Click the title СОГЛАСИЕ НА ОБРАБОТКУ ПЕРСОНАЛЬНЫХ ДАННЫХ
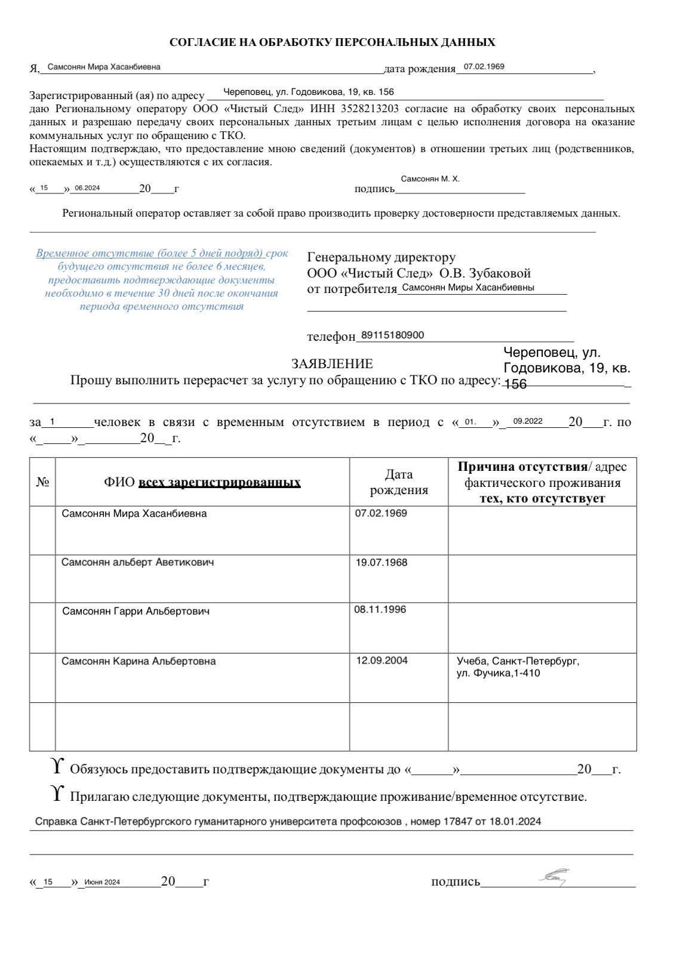[x=332, y=42]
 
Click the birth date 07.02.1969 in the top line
[x=484, y=67]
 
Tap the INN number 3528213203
[x=370, y=109]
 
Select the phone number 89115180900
[x=392, y=335]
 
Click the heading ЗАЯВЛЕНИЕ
[x=332, y=363]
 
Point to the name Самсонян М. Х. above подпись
[x=430, y=179]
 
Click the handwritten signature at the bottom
[x=554, y=877]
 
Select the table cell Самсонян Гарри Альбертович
[x=136, y=611]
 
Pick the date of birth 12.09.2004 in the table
[x=382, y=661]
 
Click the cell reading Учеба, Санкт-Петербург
[x=517, y=661]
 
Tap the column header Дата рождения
[x=398, y=482]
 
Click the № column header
[x=42, y=482]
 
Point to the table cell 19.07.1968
[x=381, y=562]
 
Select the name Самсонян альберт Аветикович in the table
[x=137, y=562]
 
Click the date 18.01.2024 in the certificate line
[x=515, y=822]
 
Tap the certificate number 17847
[x=457, y=822]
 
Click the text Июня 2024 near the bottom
[x=102, y=882]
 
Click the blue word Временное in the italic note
[x=62, y=253]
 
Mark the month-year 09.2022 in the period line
[x=528, y=421]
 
